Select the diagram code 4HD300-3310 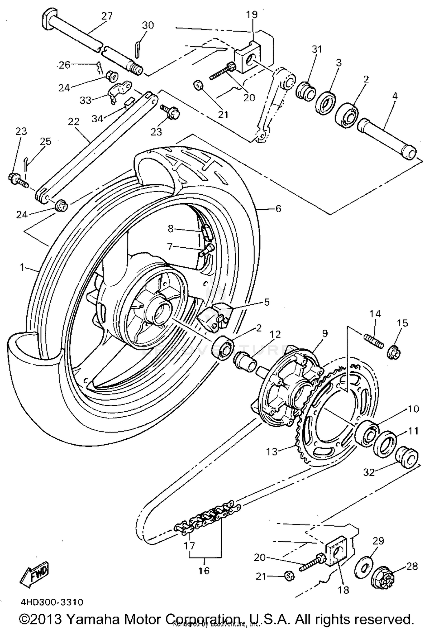(x=52, y=602)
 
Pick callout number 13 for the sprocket (x=272, y=452)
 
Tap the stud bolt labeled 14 (x=374, y=341)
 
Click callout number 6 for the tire (x=278, y=208)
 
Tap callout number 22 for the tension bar (x=73, y=121)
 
